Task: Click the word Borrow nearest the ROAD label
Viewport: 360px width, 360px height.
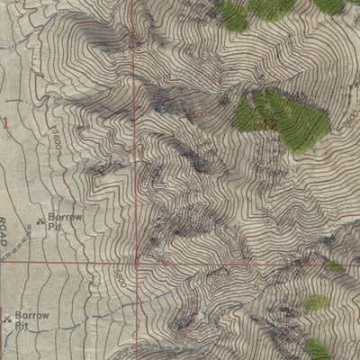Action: click(65, 220)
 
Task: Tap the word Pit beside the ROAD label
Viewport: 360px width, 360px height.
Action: click(57, 229)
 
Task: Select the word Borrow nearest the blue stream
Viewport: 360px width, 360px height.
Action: click(33, 317)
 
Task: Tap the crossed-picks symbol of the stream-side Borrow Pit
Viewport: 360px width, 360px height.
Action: click(9, 318)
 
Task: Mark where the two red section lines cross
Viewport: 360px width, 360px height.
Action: click(138, 265)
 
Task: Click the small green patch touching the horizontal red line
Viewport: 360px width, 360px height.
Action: click(335, 266)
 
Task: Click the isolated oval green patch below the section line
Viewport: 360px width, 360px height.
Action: click(315, 302)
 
